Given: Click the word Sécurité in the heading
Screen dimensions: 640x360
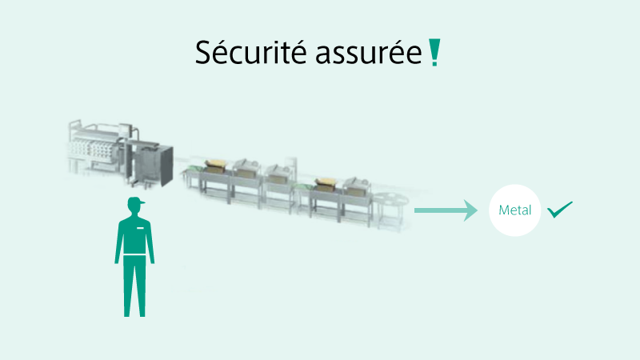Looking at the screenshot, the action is (x=250, y=52).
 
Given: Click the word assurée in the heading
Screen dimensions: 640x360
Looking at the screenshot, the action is (x=369, y=54).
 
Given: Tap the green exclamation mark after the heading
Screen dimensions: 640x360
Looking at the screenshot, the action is (x=434, y=52).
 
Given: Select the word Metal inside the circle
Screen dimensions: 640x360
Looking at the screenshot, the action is (x=514, y=210).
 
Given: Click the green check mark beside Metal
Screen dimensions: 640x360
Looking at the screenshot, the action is (x=559, y=210).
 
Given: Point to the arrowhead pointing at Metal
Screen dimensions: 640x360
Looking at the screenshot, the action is (x=470, y=210).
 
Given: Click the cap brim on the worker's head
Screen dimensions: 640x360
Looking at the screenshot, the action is (x=142, y=202).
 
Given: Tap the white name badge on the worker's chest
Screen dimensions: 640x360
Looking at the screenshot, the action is (x=141, y=228).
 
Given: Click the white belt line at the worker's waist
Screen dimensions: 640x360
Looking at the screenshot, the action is (x=134, y=255).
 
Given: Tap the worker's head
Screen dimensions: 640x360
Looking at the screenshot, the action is (x=135, y=206).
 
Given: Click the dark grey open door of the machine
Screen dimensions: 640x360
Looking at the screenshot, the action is (x=167, y=166).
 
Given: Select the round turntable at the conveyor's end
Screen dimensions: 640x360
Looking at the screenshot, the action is (x=390, y=200).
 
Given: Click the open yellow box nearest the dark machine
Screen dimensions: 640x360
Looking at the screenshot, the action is (x=214, y=166).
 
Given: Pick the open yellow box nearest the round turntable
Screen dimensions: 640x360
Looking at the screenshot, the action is (x=326, y=184).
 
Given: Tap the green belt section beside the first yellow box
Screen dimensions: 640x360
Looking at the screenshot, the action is (x=194, y=168).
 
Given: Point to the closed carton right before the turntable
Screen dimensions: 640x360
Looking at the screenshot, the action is (x=356, y=187).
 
